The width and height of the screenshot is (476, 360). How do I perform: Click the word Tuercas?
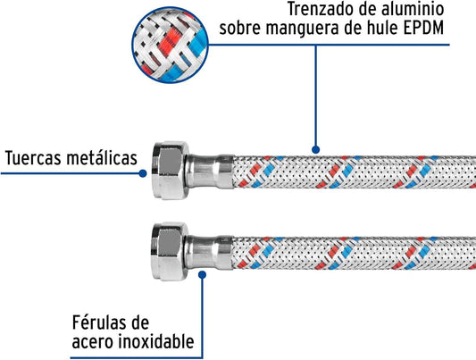click(x=32, y=158)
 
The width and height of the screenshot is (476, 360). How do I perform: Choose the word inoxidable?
click(x=155, y=341)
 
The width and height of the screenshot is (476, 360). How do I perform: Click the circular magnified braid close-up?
click(x=170, y=45)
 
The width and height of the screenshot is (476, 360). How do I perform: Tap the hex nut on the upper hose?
click(x=170, y=171)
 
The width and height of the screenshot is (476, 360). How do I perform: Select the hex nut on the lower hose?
click(x=170, y=251)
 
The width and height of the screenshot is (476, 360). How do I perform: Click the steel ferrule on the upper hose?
click(x=211, y=172)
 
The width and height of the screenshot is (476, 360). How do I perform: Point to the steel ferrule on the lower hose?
click(x=210, y=253)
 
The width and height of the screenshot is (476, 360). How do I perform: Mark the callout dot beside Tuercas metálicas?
click(x=143, y=173)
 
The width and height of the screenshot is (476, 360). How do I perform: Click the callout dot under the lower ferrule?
click(x=202, y=275)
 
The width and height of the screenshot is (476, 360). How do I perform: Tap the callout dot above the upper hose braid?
click(x=316, y=149)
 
